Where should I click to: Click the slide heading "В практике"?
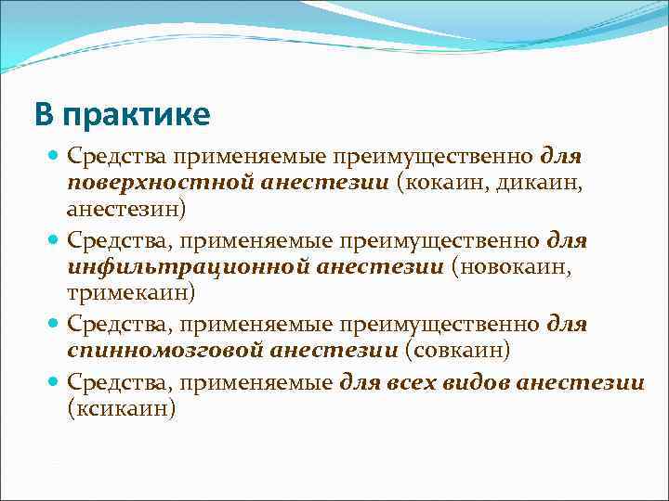coord(123,115)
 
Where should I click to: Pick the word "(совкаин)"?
coord(455,351)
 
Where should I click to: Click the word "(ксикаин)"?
coord(122,407)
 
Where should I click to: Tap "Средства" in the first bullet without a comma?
coord(118,157)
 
